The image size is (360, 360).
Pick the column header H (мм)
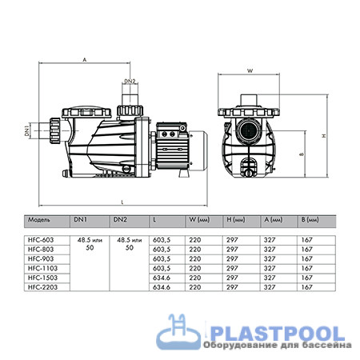click(x=238, y=218)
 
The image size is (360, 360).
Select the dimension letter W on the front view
click(x=250, y=71)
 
